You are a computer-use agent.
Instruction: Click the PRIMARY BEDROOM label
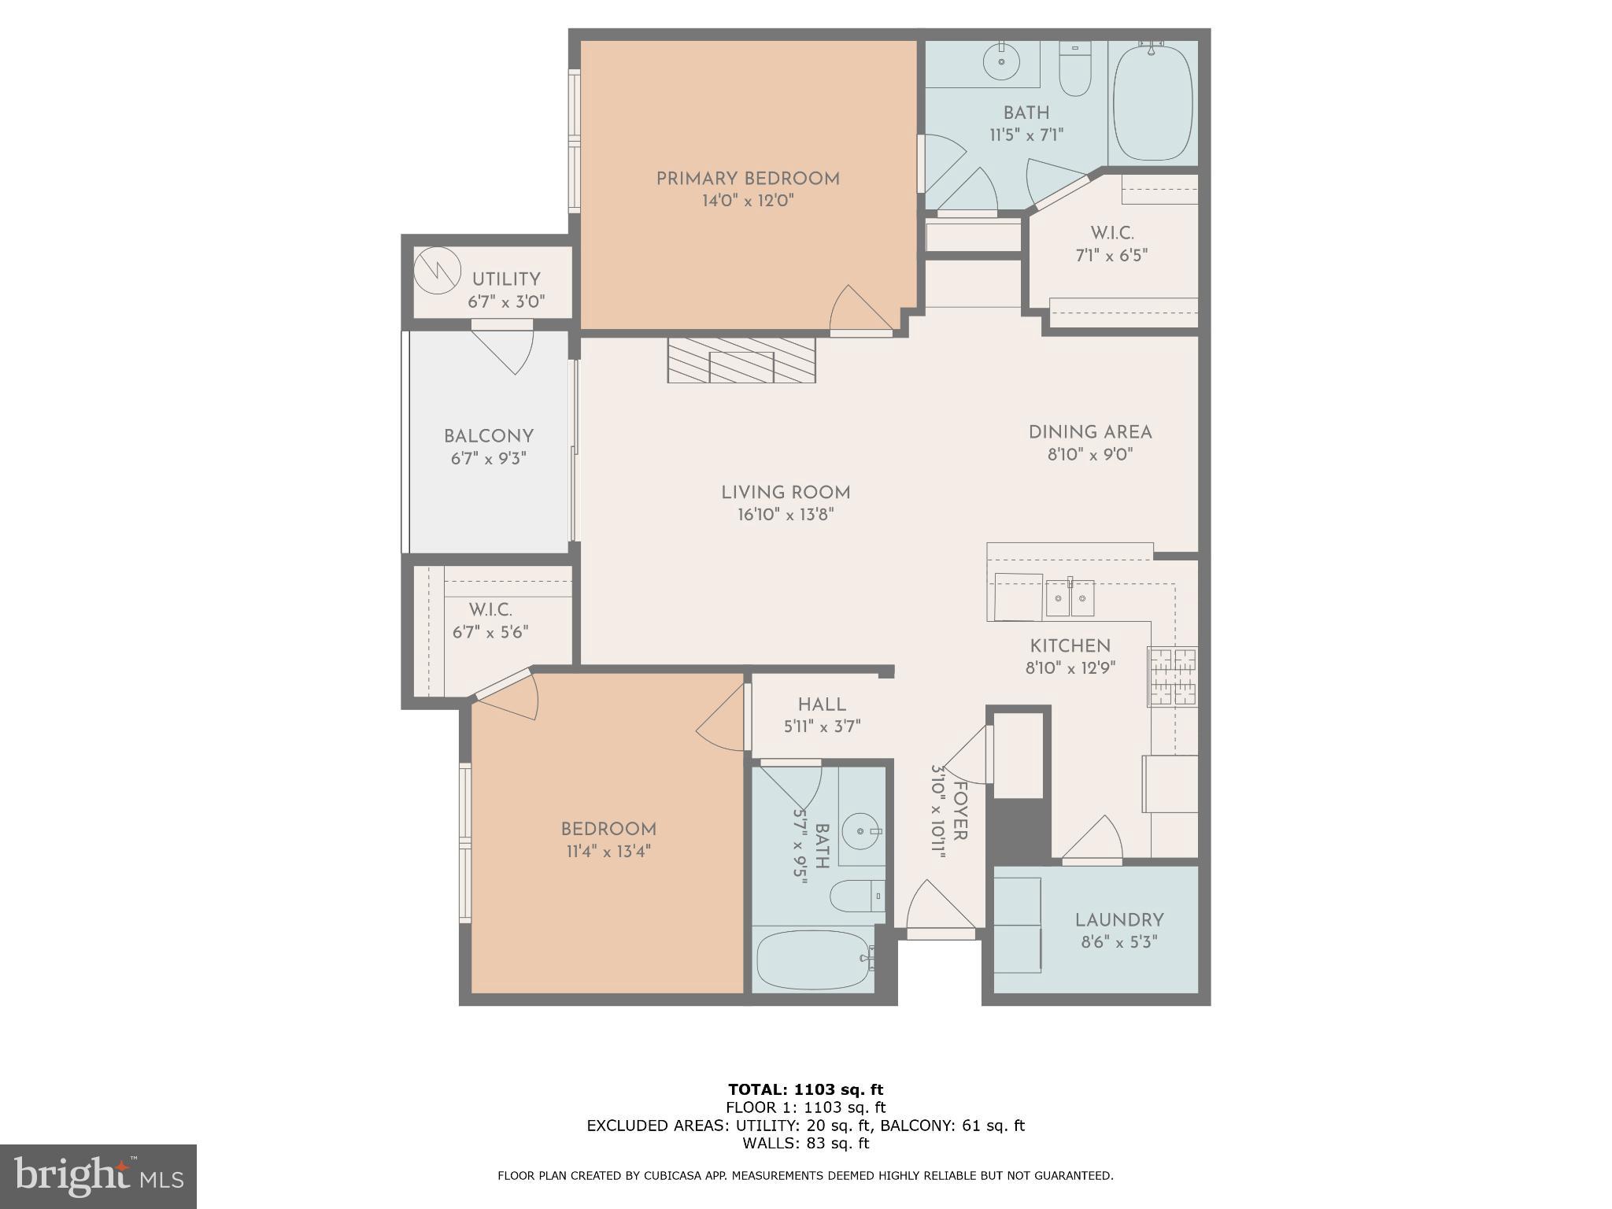coord(747,179)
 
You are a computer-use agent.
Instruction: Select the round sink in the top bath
coord(1002,61)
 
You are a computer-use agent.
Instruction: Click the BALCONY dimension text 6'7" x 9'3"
coord(488,458)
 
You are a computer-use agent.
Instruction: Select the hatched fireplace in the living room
coord(741,360)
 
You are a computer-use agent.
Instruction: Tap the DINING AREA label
coord(1089,432)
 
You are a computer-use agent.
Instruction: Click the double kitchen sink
coord(1070,599)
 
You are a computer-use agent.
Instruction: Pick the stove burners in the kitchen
coord(1173,676)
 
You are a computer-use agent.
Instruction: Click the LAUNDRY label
coord(1118,919)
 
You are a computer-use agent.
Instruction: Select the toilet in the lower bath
coord(856,896)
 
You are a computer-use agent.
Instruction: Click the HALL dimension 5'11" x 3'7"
coord(822,727)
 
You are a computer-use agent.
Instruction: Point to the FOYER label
coord(960,810)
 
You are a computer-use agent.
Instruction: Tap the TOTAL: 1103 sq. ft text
coord(805,1089)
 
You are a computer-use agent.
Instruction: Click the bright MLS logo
coord(98,1177)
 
